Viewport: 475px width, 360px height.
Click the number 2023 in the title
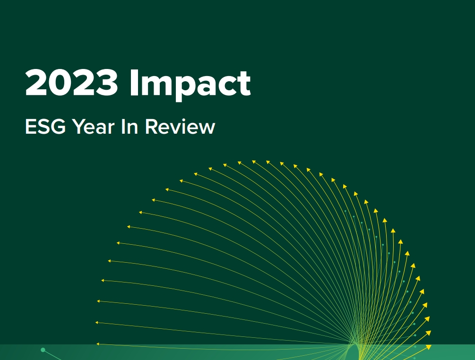(x=71, y=82)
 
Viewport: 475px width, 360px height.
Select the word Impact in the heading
(x=190, y=85)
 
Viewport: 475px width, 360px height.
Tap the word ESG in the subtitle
(x=45, y=126)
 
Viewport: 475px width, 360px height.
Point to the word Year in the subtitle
(x=93, y=126)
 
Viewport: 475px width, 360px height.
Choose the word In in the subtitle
(x=130, y=126)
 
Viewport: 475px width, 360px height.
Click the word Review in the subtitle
(x=180, y=126)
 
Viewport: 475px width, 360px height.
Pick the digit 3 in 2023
(x=106, y=82)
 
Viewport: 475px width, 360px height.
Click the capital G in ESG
(x=58, y=126)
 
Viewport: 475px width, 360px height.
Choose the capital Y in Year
(x=79, y=126)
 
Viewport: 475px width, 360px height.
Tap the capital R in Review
(x=151, y=126)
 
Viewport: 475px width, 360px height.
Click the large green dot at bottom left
(x=43, y=350)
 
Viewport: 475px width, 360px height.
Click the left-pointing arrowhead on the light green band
(x=98, y=344)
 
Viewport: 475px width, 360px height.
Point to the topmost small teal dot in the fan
(x=345, y=211)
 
